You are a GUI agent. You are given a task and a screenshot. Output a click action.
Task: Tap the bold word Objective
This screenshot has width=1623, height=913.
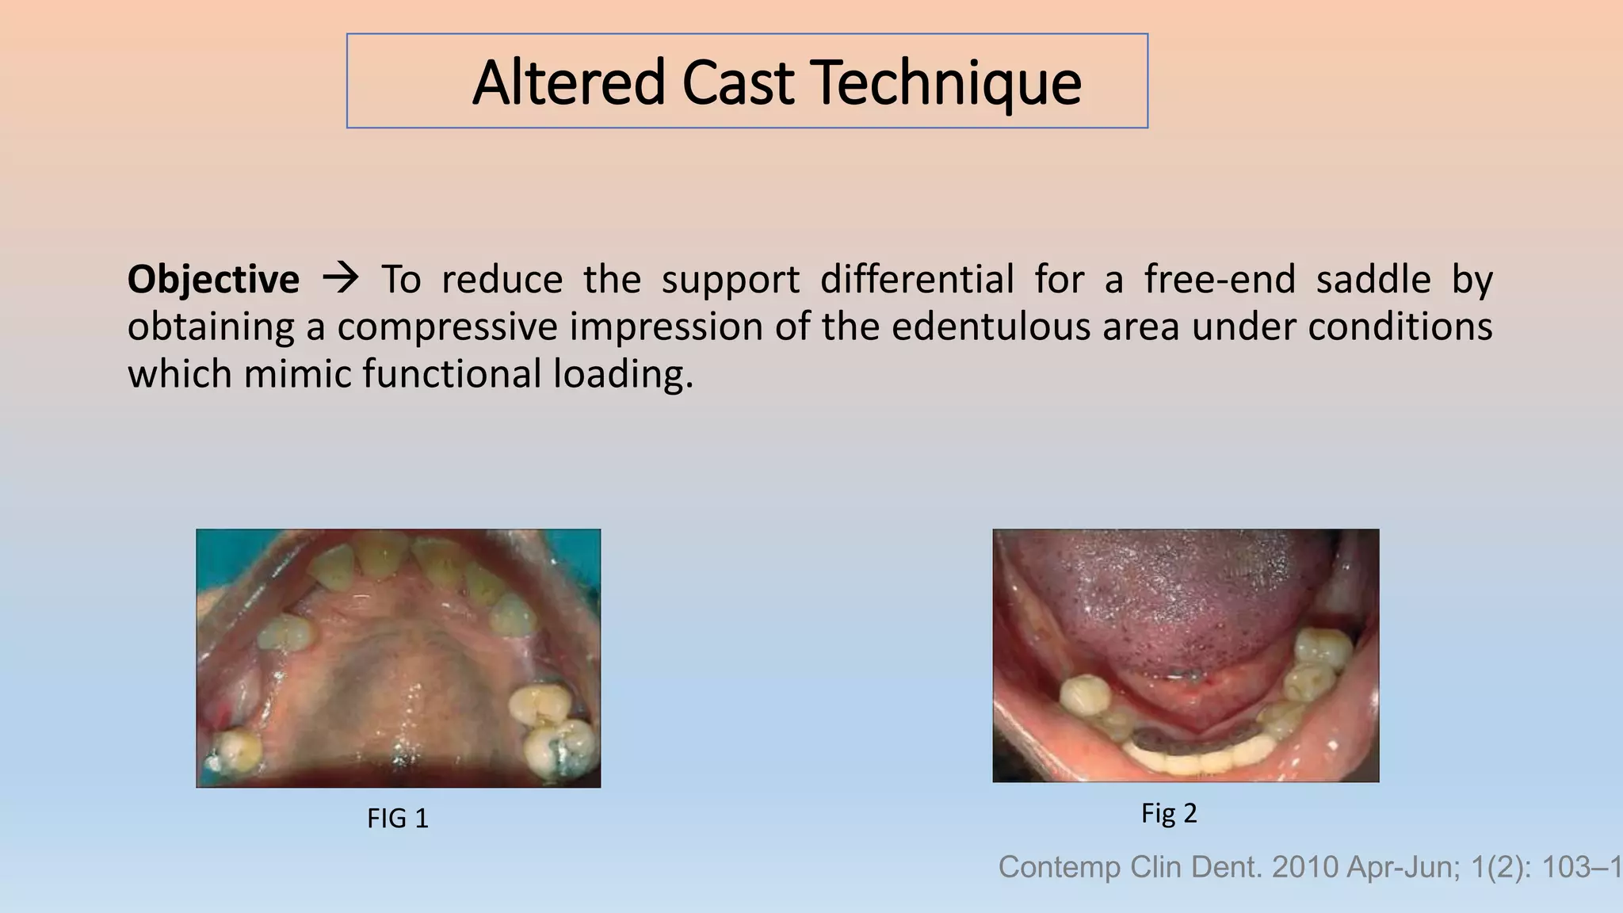point(213,280)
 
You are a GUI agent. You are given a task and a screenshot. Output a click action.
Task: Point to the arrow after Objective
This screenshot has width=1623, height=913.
point(341,278)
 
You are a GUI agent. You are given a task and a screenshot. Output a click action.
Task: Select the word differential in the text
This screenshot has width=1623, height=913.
point(917,280)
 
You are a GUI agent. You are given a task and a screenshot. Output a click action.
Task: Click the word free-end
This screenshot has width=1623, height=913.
point(1220,280)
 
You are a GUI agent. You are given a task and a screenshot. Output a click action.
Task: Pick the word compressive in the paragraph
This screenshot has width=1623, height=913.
point(448,327)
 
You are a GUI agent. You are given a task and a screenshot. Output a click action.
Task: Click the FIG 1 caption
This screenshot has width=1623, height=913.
point(398,818)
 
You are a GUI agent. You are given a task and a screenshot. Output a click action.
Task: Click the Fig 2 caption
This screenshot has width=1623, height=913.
point(1168,813)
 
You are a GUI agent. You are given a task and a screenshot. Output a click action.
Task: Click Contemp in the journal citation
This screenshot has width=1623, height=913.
point(1060,867)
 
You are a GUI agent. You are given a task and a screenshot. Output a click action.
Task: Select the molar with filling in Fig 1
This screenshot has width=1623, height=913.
point(563,745)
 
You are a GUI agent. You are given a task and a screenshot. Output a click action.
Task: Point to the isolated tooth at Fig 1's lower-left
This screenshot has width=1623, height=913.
point(235,751)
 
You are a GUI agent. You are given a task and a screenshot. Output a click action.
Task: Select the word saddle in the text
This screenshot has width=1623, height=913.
point(1373,280)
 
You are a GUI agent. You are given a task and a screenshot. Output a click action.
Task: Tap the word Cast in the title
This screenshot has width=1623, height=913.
point(737,82)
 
